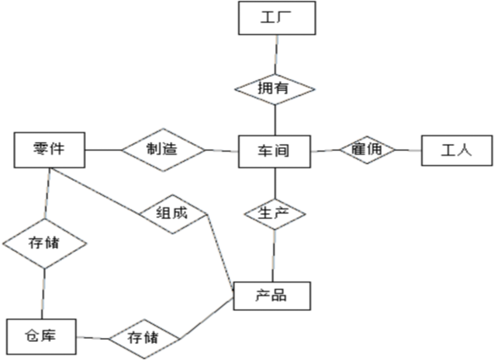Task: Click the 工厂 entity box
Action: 276,18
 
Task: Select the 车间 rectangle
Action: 274,151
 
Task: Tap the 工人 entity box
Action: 456,150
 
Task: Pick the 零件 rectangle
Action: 48,149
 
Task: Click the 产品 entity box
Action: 272,296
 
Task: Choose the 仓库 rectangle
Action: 41,336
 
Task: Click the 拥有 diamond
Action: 275,88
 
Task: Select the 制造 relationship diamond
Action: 163,150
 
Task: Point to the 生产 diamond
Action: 274,214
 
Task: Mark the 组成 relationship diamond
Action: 172,214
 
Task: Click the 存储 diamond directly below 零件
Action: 44,244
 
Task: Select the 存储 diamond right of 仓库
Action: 144,337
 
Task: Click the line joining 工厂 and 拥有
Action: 275,54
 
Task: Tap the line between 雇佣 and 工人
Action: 409,150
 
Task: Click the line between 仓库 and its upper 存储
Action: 43,294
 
